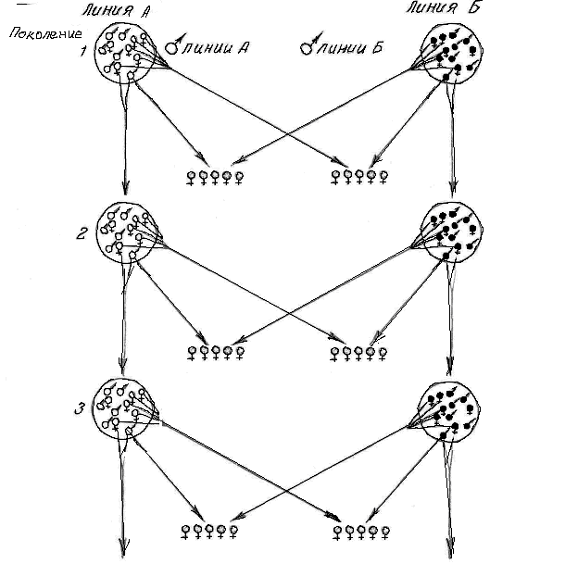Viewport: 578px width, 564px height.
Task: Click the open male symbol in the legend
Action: (x=173, y=45)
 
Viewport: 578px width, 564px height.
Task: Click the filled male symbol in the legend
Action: (x=305, y=45)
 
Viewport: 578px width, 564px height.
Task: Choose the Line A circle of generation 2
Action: (x=125, y=235)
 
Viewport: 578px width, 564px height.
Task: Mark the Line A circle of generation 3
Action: (x=125, y=408)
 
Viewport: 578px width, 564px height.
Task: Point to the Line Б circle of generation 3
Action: (x=449, y=408)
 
